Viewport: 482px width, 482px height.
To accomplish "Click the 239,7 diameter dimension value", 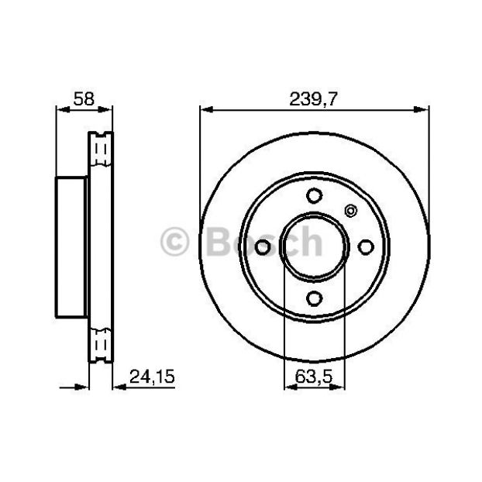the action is [x=313, y=99].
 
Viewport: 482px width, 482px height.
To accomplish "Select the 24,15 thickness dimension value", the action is [x=152, y=377].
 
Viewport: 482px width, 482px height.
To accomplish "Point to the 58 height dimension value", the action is [x=84, y=98].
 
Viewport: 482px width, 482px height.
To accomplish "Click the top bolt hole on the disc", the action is [x=314, y=195].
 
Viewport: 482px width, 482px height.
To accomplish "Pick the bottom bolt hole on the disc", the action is [x=314, y=298].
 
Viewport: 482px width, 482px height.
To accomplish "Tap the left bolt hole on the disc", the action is [x=263, y=247].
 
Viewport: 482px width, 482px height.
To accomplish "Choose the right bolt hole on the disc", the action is [x=366, y=247].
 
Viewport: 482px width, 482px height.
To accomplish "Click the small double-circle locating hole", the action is [x=350, y=211].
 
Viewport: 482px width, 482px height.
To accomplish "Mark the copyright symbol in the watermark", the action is [x=174, y=242].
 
